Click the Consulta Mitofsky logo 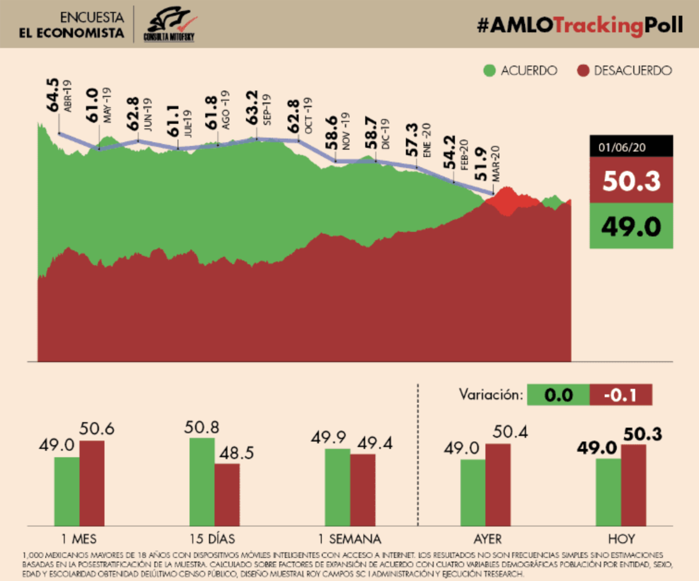point(169,24)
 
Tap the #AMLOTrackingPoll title point(580,25)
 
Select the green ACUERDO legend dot point(489,71)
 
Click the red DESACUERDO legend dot point(583,71)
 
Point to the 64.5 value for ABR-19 point(53,95)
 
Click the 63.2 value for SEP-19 point(252,107)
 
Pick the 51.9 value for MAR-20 point(481,164)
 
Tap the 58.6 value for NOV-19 point(331,133)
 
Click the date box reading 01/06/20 point(631,147)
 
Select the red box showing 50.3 point(631,180)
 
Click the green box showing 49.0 point(631,226)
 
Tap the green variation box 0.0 point(558,395)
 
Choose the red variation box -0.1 point(621,395)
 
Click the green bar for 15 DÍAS point(202,482)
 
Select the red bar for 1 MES point(92,483)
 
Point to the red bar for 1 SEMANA point(363,490)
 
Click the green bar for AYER point(473,492)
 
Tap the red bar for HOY point(634,485)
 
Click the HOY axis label point(621,539)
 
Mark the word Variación point(491,395)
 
